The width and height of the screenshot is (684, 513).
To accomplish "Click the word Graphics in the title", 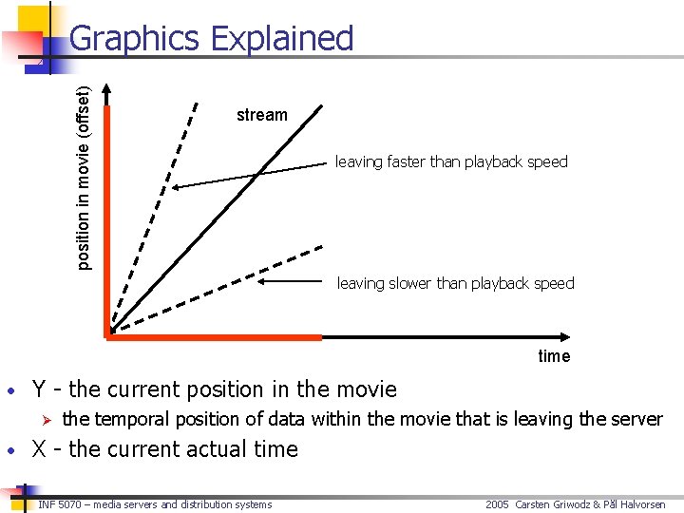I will point(135,39).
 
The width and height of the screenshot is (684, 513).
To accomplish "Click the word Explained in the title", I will point(281,39).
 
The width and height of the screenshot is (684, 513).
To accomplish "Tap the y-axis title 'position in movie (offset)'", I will point(84,178).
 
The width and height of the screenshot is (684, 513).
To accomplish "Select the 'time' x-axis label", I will point(554,356).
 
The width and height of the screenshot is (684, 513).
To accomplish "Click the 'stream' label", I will point(261,115).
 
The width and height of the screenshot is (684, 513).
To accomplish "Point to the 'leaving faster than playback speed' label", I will point(451,161).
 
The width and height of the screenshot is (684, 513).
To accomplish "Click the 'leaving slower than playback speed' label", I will point(456,283).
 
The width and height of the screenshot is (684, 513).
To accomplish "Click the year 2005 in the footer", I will point(498,504).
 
